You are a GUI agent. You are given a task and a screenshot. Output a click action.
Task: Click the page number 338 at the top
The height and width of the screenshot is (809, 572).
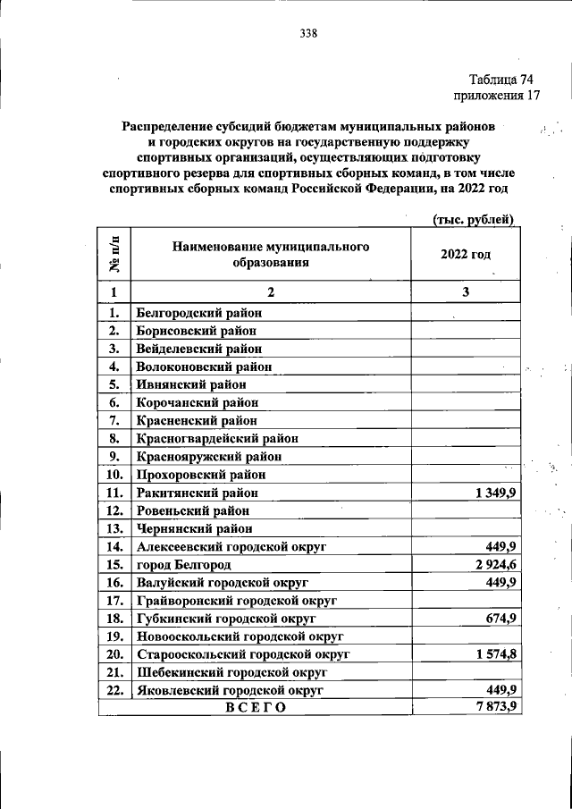pos(309,34)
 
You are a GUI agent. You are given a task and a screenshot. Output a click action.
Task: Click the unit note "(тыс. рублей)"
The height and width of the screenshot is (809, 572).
pos(474,219)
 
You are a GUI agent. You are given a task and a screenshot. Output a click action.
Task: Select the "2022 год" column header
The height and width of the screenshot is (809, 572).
pos(466,254)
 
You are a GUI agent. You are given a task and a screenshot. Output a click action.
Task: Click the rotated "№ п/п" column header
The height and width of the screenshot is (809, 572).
pos(114,254)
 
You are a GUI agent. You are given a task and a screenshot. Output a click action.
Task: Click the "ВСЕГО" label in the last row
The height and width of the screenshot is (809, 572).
pos(255,708)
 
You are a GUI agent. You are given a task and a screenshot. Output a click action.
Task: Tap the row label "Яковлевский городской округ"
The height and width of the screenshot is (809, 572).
pos(230,690)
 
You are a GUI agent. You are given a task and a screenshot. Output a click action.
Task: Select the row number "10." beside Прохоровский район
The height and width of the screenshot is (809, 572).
pos(114,475)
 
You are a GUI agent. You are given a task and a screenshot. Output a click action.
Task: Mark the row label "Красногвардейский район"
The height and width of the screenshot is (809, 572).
pos(217,438)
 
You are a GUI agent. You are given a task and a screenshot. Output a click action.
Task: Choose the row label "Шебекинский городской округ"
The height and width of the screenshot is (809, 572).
pos(230,672)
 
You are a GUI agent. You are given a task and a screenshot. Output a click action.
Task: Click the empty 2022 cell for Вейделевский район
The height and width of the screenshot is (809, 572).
pos(466,349)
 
